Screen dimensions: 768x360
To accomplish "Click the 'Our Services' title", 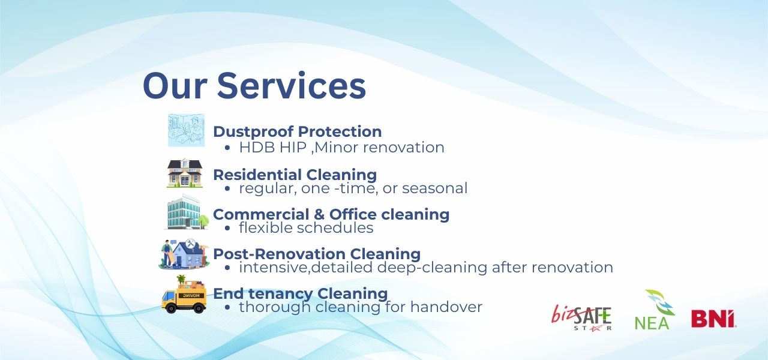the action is (254, 85).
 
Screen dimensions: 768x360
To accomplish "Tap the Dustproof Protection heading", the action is (297, 131).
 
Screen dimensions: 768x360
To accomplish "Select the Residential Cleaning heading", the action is (295, 175).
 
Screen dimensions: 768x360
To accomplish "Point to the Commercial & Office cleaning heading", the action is (331, 214).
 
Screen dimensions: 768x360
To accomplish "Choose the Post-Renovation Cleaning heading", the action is (317, 254).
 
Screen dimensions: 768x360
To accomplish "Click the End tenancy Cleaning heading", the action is (301, 293).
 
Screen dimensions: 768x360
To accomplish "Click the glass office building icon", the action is (186, 212).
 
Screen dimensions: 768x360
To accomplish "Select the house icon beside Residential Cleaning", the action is (185, 173).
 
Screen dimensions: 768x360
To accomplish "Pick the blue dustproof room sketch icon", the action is (186, 130).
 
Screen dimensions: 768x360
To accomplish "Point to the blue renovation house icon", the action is (184, 254).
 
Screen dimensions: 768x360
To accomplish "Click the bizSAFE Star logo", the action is (581, 317).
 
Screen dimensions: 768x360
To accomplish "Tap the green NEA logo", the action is (654, 310).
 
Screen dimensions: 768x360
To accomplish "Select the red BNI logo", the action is (713, 319).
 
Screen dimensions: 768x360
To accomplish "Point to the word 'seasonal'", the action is (435, 188).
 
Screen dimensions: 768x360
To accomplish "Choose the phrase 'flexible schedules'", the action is (306, 227).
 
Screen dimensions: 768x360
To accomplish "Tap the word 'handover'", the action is (446, 307).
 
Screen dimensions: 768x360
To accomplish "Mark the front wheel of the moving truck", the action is (170, 308).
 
